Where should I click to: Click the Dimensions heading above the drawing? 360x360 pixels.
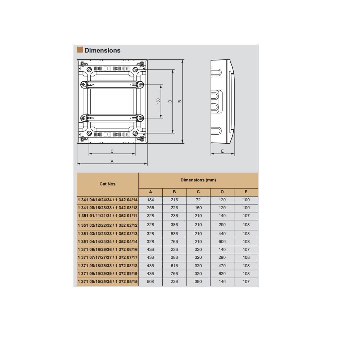(x=102, y=50)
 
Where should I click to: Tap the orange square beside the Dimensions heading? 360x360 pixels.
(x=80, y=50)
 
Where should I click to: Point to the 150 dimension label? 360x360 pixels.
(x=158, y=101)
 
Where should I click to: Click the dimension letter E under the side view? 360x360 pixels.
(x=222, y=151)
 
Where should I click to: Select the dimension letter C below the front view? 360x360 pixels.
(x=112, y=151)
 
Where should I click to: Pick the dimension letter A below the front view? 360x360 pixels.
(x=112, y=161)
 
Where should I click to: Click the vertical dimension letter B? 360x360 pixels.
(x=180, y=101)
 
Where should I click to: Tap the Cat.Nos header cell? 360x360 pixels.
(x=107, y=184)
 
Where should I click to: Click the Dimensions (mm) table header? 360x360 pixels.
(x=198, y=180)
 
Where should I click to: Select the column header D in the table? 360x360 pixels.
(x=222, y=192)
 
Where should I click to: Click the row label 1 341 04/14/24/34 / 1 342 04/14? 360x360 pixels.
(x=108, y=200)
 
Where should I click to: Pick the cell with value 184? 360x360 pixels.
(x=150, y=200)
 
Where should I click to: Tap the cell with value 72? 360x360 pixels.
(x=198, y=200)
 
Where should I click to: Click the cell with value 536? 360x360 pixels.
(x=174, y=234)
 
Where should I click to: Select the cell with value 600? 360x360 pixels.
(x=222, y=242)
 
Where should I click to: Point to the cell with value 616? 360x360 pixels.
(x=174, y=266)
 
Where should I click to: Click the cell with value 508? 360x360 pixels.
(x=150, y=282)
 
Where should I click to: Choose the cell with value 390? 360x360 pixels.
(x=198, y=282)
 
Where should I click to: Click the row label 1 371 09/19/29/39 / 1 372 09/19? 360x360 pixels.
(x=108, y=274)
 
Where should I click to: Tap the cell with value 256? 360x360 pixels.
(x=150, y=208)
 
